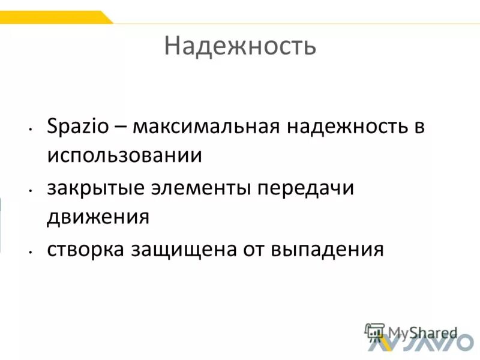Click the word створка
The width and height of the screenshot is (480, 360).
pos(85,248)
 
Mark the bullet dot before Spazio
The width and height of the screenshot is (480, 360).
pos(29,130)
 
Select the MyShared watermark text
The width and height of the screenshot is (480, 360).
pos(422,332)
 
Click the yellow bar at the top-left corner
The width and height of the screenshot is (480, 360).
pos(54,17)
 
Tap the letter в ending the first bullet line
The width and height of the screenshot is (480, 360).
pos(419,128)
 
